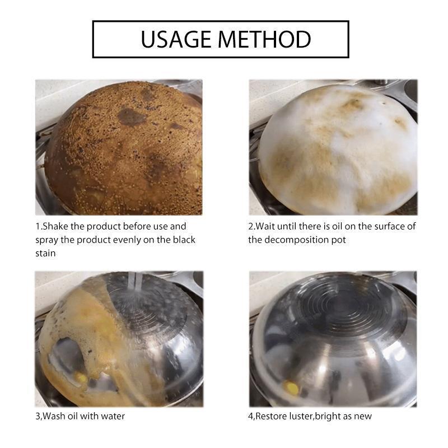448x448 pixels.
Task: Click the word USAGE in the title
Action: point(175,40)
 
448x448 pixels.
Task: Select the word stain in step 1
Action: point(45,253)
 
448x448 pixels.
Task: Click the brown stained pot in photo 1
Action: point(123,151)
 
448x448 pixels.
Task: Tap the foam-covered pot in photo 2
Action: point(336,151)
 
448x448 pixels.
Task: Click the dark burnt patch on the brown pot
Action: point(130,116)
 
